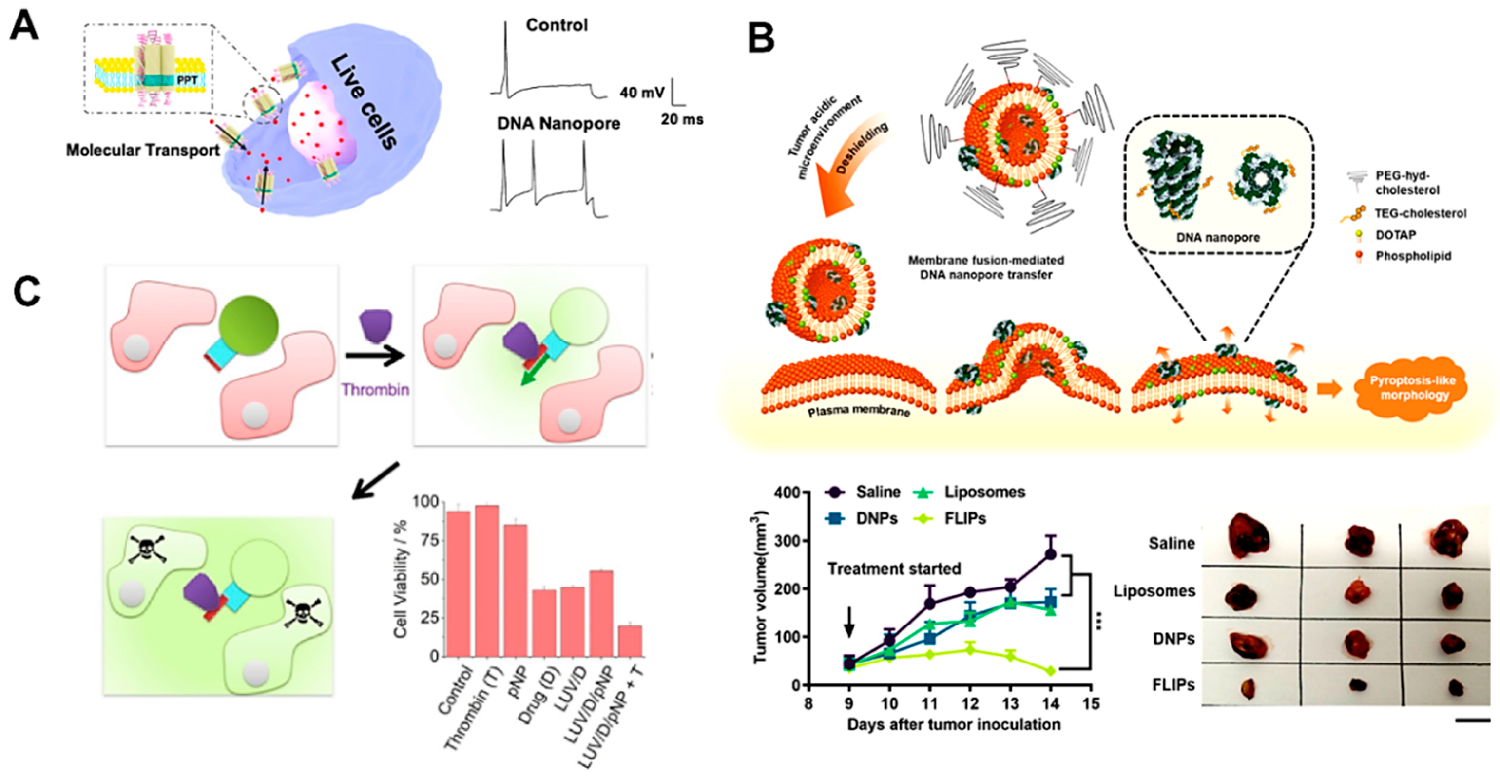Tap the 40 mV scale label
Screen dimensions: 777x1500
(x=642, y=92)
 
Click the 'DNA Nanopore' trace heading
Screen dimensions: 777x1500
(x=558, y=123)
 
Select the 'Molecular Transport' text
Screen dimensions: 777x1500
(x=143, y=150)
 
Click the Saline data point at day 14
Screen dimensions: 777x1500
(x=1051, y=554)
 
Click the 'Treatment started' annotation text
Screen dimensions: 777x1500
(x=894, y=569)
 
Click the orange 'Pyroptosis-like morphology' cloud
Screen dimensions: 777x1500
(x=1411, y=388)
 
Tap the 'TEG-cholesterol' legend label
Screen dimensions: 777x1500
(x=1420, y=213)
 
